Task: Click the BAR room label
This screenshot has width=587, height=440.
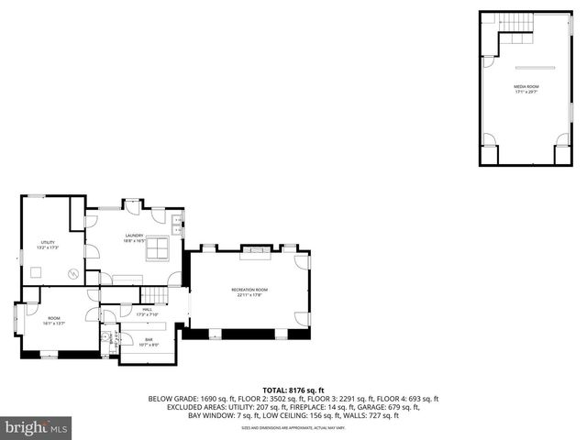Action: [149, 341]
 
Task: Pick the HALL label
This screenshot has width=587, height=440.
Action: [147, 311]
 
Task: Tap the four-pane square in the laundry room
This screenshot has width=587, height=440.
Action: [158, 249]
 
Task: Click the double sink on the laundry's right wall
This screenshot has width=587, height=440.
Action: [178, 220]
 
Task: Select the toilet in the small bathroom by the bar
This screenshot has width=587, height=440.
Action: [106, 338]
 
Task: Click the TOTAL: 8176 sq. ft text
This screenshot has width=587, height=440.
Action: [293, 390]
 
